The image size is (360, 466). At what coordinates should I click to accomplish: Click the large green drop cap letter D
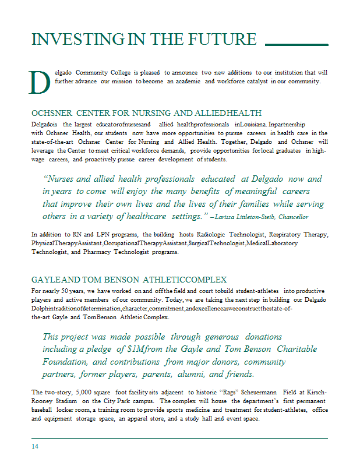(x=40, y=82)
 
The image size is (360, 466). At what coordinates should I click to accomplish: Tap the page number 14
(x=36, y=446)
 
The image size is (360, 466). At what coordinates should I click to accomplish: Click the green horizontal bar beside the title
(x=297, y=44)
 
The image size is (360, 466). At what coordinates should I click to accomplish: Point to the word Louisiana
(x=253, y=124)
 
